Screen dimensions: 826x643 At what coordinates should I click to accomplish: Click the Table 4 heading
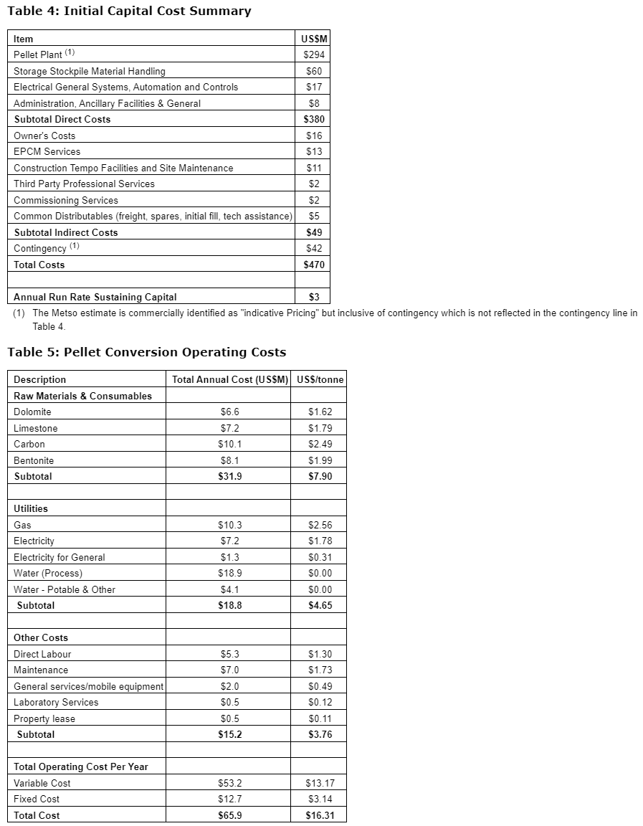pos(129,11)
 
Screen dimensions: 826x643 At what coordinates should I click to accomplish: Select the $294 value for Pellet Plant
pos(313,54)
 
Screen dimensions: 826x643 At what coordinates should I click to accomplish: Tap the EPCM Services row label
pos(47,151)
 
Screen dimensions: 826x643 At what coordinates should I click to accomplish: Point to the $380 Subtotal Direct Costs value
pos(313,119)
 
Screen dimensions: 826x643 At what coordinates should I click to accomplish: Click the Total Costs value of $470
pos(313,265)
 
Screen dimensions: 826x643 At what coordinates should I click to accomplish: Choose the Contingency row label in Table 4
pos(39,248)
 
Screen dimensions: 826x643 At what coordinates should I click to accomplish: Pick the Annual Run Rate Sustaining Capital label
pos(95,297)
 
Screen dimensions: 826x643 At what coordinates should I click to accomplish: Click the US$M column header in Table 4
pos(313,39)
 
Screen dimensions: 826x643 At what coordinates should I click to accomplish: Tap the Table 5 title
pos(146,352)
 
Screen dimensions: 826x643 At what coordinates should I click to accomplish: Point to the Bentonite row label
pos(34,460)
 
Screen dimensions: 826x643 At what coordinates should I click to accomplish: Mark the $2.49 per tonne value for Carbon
pos(320,444)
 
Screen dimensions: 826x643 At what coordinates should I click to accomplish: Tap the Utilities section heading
pos(31,508)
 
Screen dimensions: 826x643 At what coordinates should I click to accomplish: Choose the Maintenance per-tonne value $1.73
pos(320,670)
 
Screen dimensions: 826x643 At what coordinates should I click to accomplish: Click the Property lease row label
pos(44,718)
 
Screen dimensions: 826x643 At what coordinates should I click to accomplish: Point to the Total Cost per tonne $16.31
pos(320,815)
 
